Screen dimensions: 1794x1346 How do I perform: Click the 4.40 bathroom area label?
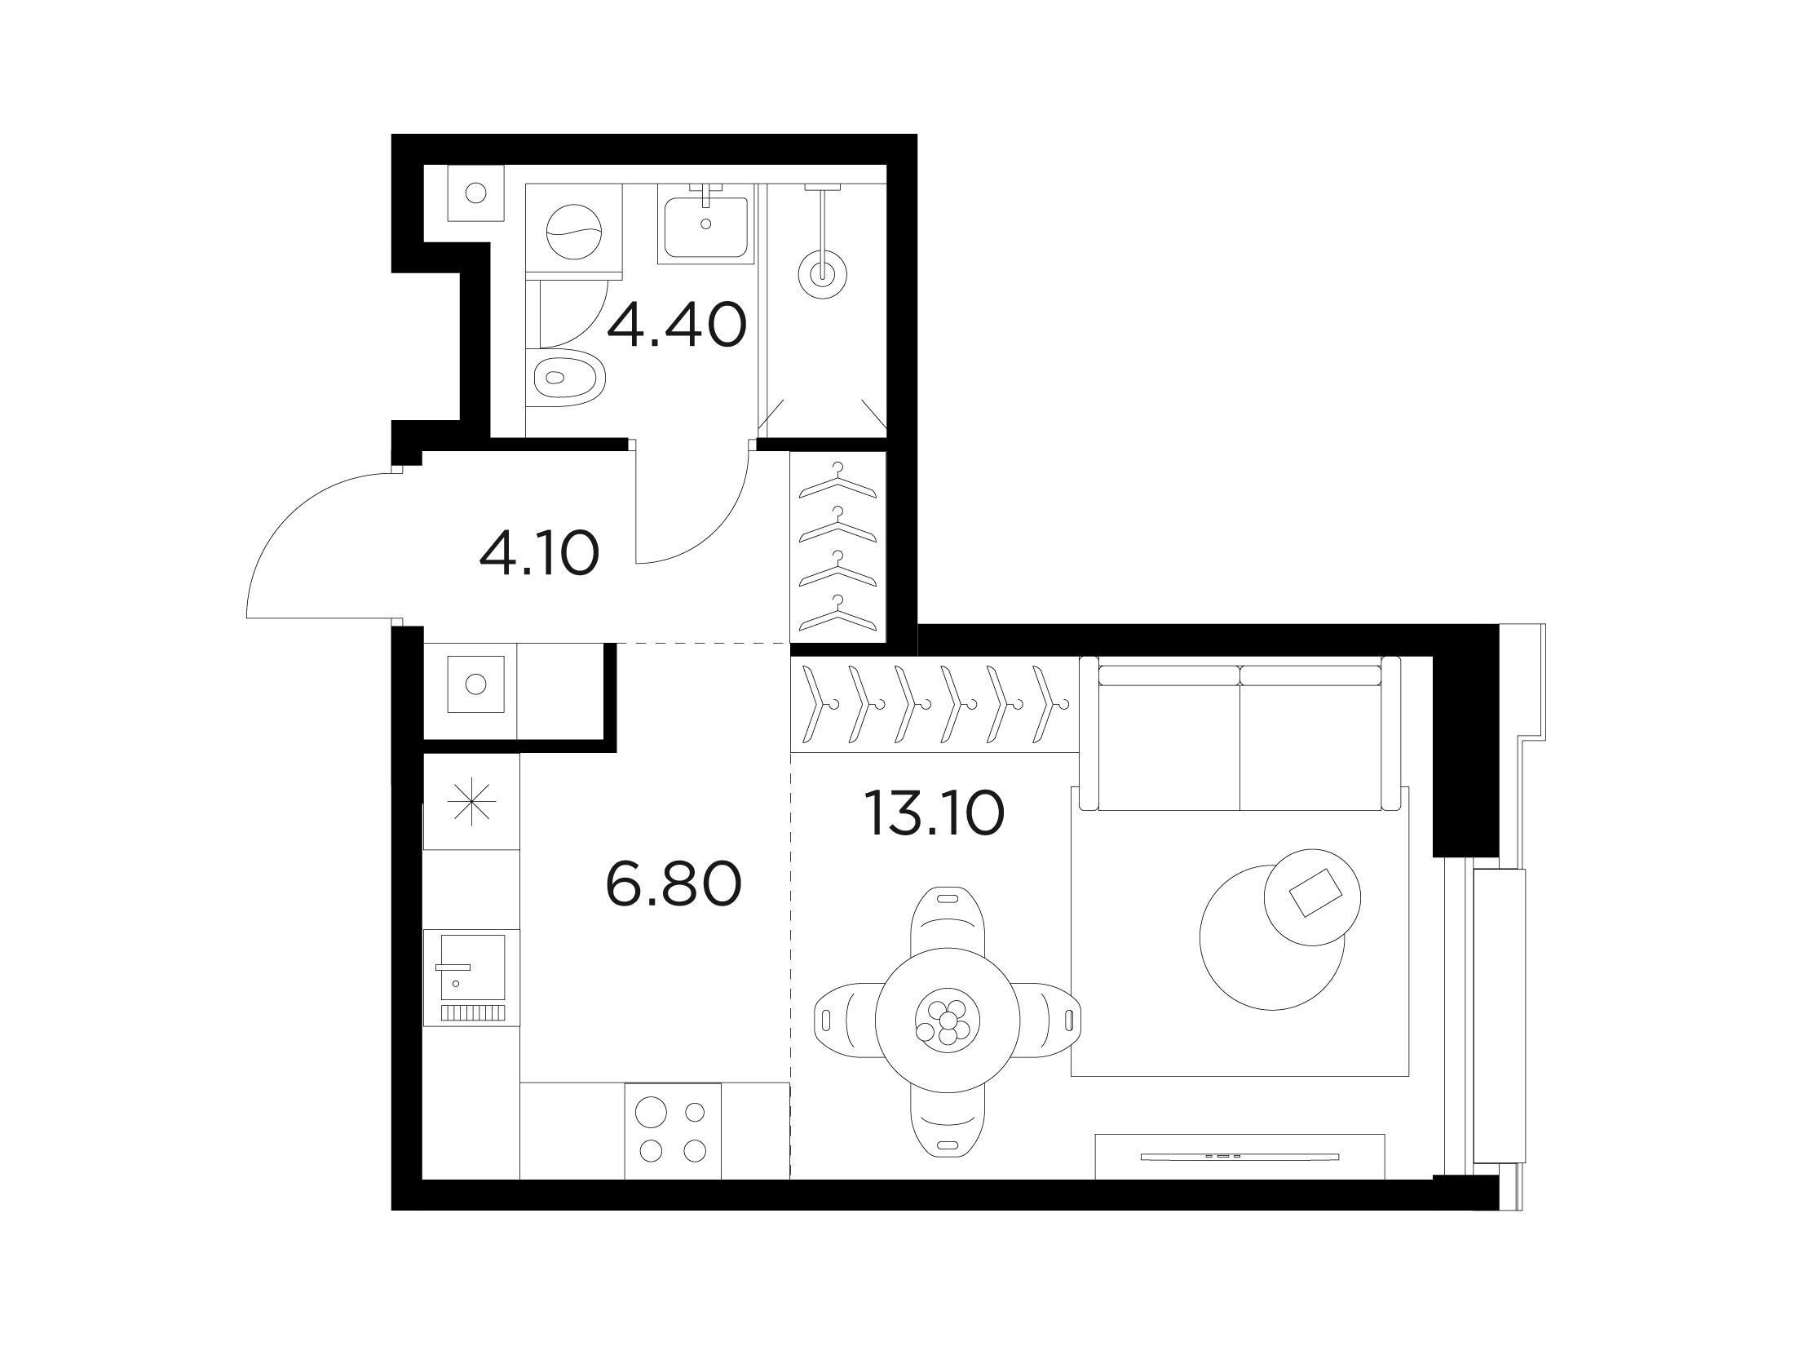677,325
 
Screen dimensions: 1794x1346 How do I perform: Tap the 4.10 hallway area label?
540,552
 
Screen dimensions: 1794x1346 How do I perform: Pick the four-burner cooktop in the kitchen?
673,1131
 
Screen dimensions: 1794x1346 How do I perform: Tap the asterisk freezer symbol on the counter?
472,801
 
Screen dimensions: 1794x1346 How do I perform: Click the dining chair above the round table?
948,920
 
